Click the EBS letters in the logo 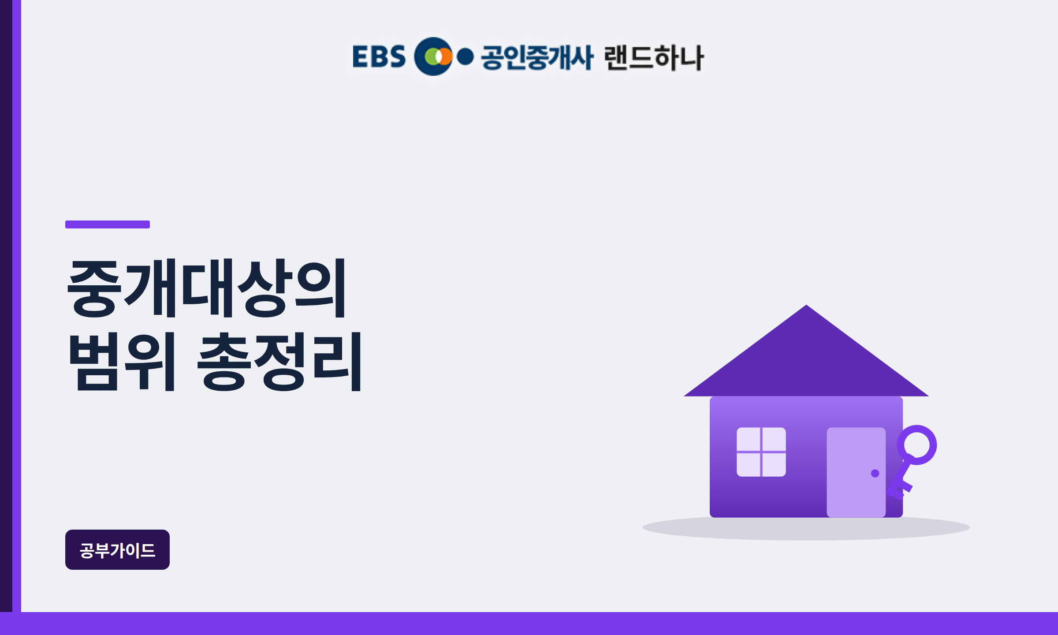pyautogui.click(x=379, y=56)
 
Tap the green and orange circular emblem pyautogui.click(x=433, y=56)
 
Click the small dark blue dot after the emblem pyautogui.click(x=465, y=56)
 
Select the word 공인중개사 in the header pyautogui.click(x=537, y=57)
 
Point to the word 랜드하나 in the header pyautogui.click(x=654, y=57)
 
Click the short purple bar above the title pyautogui.click(x=108, y=224)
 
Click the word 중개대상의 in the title pyautogui.click(x=206, y=288)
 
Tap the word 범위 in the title pyautogui.click(x=122, y=362)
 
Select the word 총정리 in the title pyautogui.click(x=279, y=362)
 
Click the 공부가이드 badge pyautogui.click(x=117, y=549)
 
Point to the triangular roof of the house pyautogui.click(x=806, y=362)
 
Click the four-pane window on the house pyautogui.click(x=761, y=452)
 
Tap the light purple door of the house pyautogui.click(x=856, y=472)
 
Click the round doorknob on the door pyautogui.click(x=875, y=473)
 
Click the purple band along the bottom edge pyautogui.click(x=529, y=624)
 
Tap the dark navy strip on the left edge pyautogui.click(x=6, y=306)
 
